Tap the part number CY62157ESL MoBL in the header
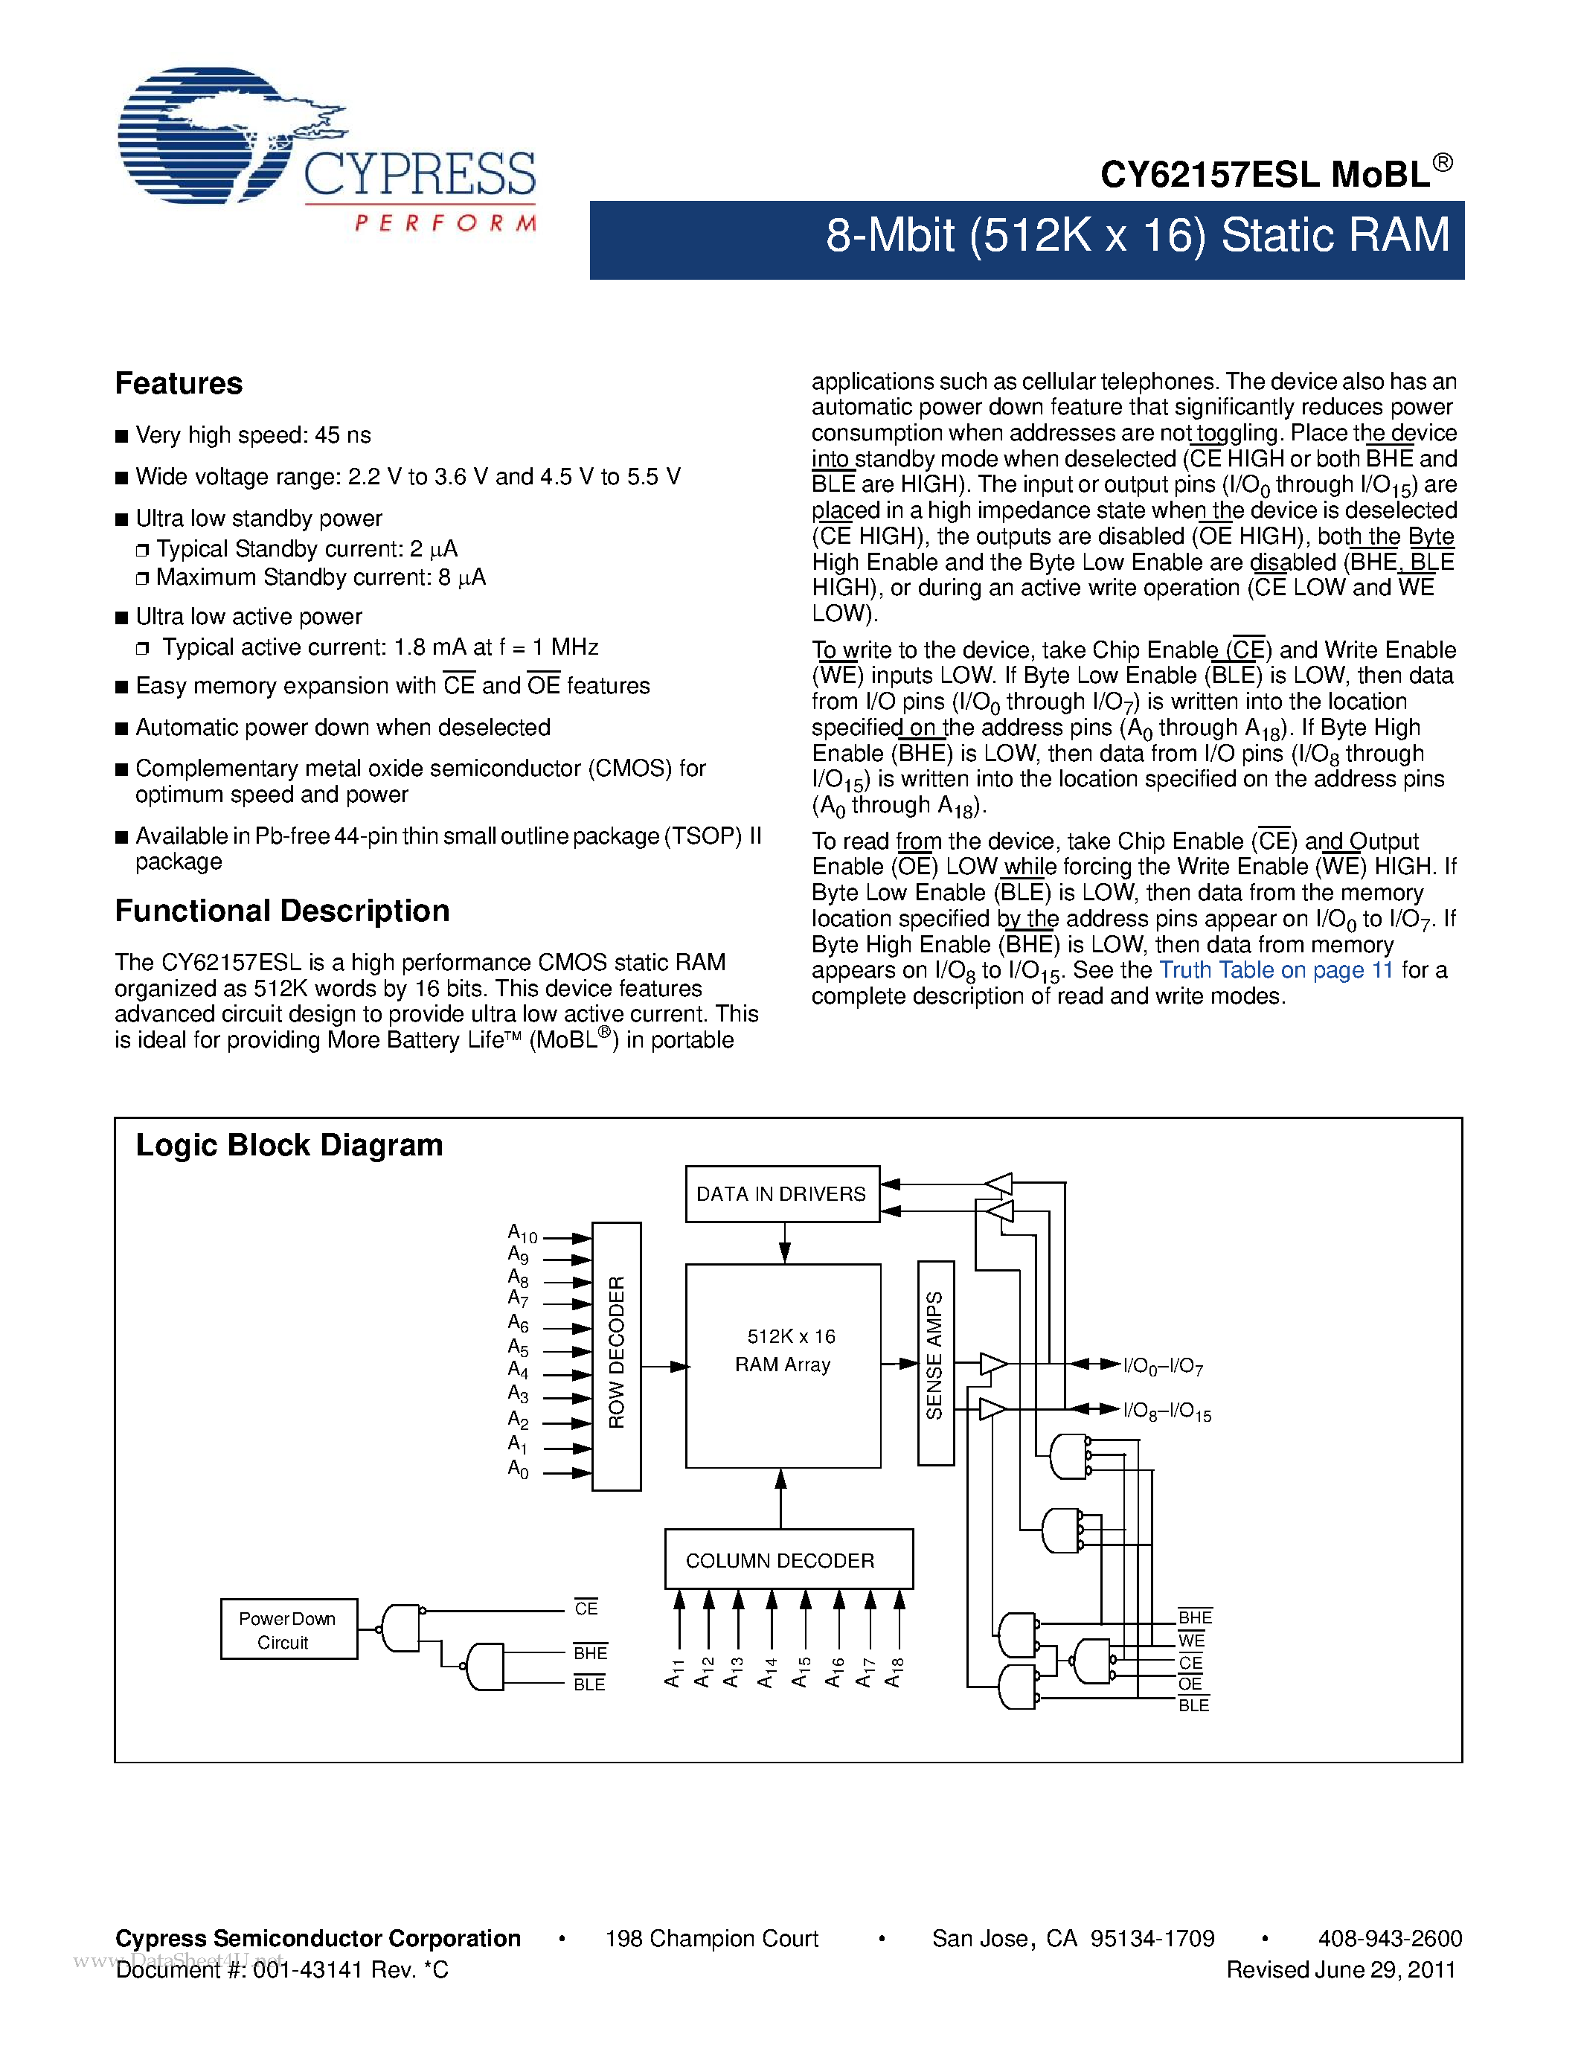click(x=1274, y=174)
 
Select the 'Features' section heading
click(x=178, y=384)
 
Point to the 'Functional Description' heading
click(x=282, y=911)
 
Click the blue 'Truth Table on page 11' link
click(x=1276, y=970)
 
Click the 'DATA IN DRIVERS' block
click(x=781, y=1194)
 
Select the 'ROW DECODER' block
click(x=616, y=1356)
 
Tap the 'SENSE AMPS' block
click(x=934, y=1363)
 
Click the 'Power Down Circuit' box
click(x=287, y=1630)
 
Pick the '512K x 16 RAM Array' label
click(x=784, y=1351)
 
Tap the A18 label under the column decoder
click(x=894, y=1673)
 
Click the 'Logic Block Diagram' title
click(x=289, y=1146)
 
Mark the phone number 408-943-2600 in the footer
click(x=1389, y=1939)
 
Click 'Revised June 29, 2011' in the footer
click(x=1340, y=1970)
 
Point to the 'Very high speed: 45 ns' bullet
click(x=253, y=436)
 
